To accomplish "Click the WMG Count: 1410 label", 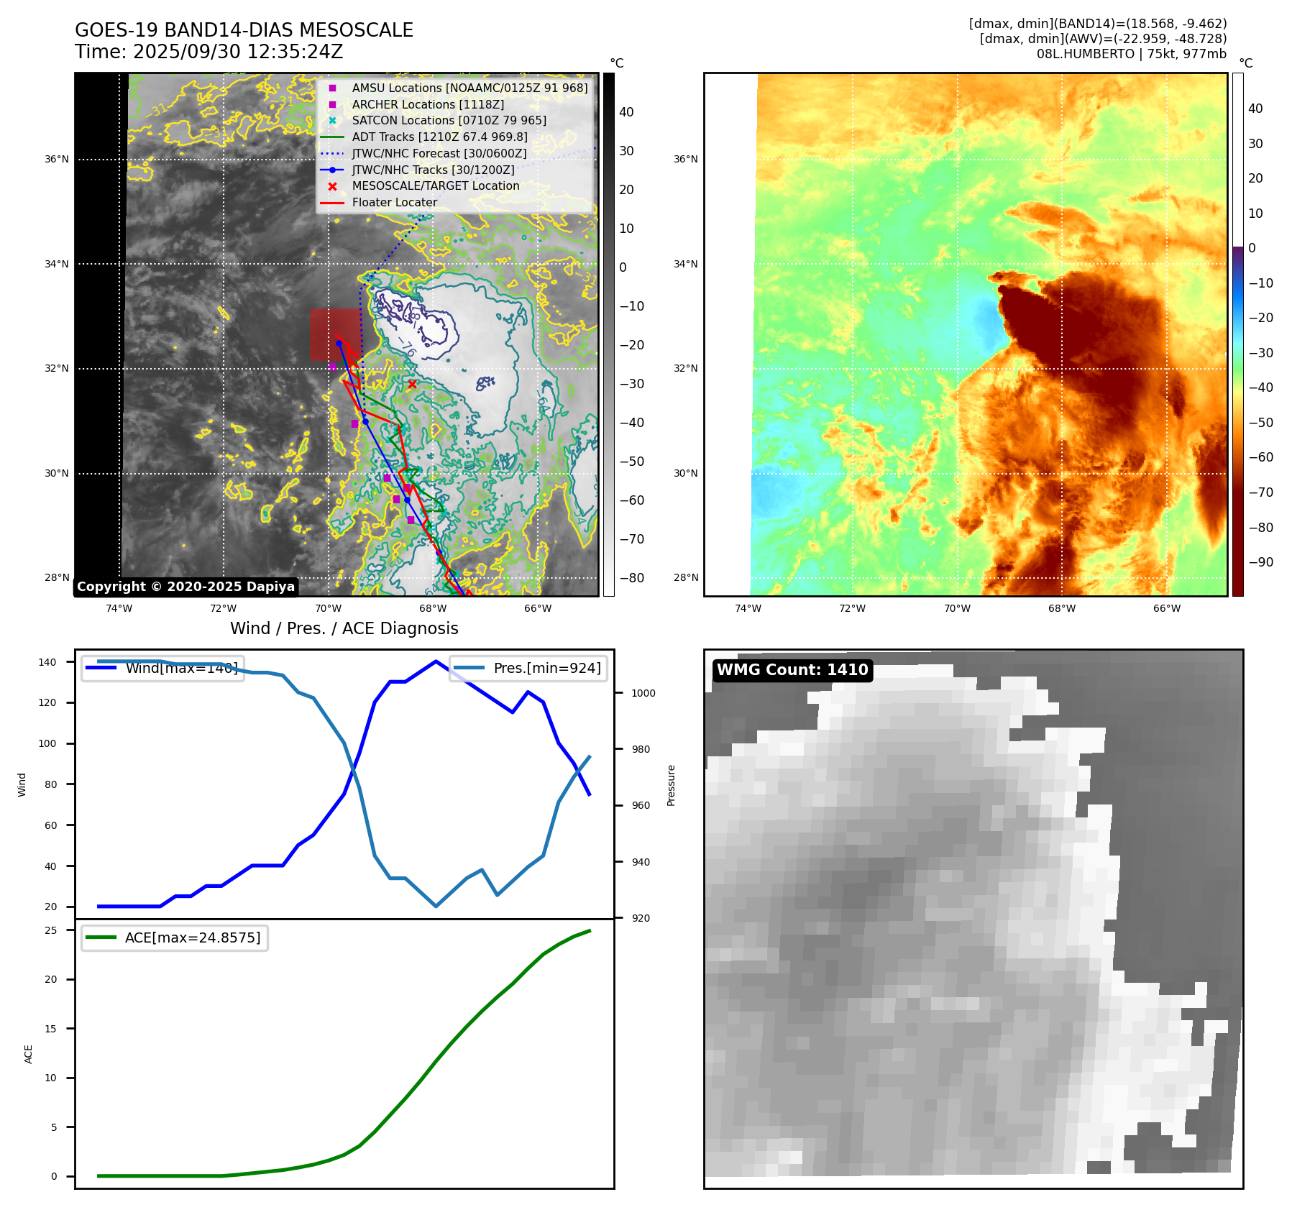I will click(x=792, y=670).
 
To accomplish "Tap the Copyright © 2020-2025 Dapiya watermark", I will click(x=185, y=587).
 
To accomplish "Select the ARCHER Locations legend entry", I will click(x=428, y=104).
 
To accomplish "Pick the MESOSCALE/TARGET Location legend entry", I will click(x=435, y=185).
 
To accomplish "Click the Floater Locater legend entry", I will click(x=394, y=202).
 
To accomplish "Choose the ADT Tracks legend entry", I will click(x=439, y=137).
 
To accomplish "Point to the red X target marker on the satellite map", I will click(x=412, y=384).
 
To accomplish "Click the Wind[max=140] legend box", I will click(x=162, y=668).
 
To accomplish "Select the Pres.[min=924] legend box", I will click(x=528, y=668).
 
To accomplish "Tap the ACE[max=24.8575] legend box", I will click(x=175, y=937).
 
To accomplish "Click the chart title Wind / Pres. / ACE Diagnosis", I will click(x=344, y=628).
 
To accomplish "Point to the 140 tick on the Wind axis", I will click(x=47, y=662).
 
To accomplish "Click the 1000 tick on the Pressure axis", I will click(x=643, y=693).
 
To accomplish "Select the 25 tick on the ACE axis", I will click(x=51, y=930).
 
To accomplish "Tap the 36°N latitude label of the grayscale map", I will click(x=57, y=160).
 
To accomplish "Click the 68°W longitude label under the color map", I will click(x=1061, y=608).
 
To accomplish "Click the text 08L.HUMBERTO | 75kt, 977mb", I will click(x=1131, y=53).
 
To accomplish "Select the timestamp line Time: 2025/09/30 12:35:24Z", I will click(x=209, y=52).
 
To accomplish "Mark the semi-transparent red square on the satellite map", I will click(x=334, y=334).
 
